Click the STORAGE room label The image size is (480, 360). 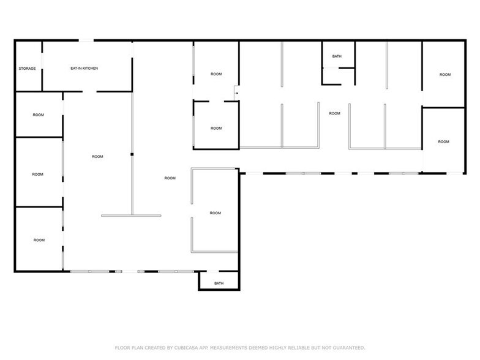point(27,68)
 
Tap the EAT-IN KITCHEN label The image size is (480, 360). point(84,68)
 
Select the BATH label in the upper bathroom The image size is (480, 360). point(337,56)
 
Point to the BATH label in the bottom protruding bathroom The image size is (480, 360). point(219,283)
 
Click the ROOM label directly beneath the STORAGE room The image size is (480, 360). point(38,114)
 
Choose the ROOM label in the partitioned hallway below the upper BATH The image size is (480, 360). point(334,113)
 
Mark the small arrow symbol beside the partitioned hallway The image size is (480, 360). point(237,93)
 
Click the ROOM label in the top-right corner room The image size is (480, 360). point(444,75)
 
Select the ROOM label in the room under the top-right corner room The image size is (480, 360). point(443,142)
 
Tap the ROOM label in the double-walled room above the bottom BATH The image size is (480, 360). point(215,213)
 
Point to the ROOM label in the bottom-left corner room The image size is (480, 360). point(39,240)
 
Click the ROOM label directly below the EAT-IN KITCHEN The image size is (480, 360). point(97,157)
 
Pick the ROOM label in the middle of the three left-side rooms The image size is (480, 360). point(38,174)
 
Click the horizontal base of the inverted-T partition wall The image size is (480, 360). point(131,216)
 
